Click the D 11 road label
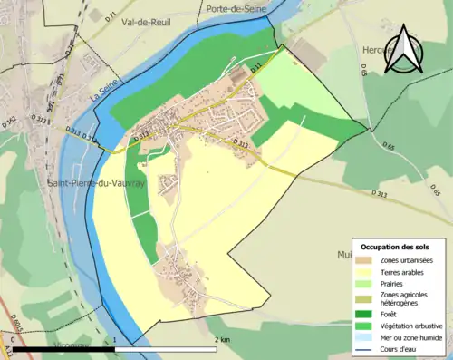(x=255, y=67)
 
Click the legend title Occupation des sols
(x=395, y=247)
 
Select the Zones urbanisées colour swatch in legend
(x=367, y=261)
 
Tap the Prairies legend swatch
(x=367, y=283)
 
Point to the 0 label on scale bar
(x=14, y=340)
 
